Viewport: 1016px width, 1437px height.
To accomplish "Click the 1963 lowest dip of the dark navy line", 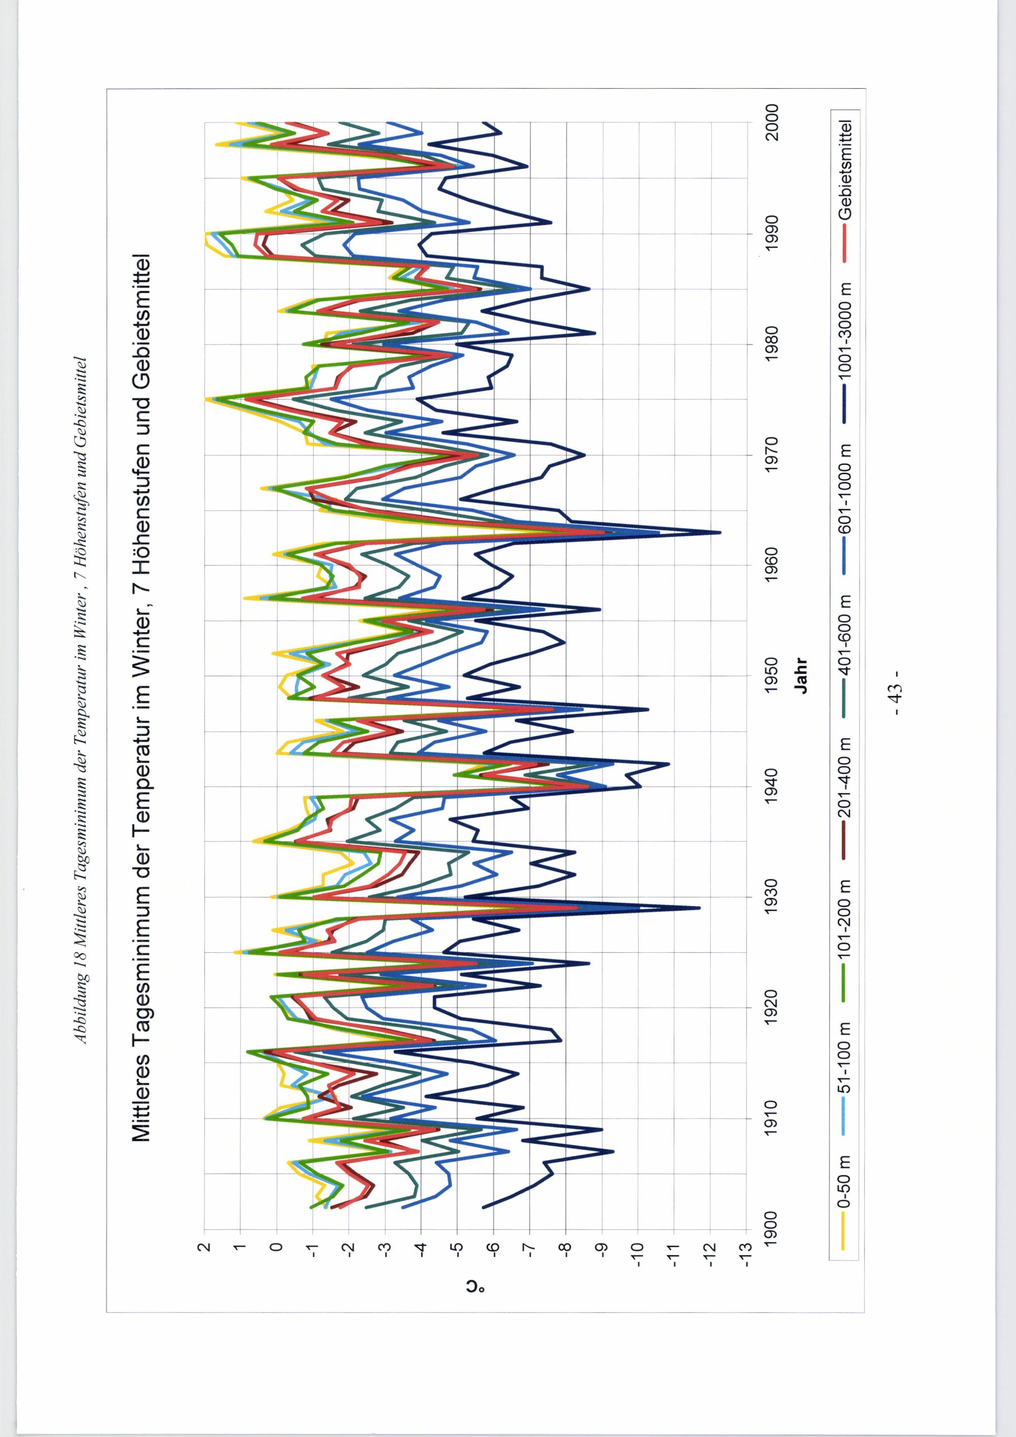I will [x=720, y=533].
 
